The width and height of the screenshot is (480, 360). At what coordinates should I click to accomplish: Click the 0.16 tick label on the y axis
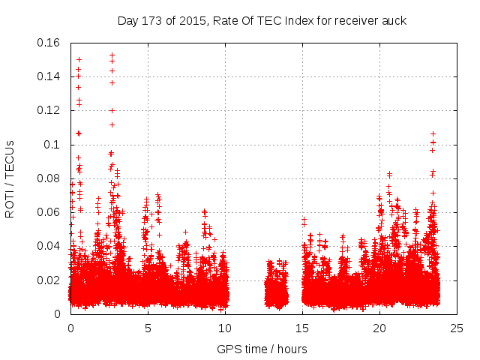(50, 43)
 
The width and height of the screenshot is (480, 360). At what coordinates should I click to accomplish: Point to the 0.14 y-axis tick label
(50, 76)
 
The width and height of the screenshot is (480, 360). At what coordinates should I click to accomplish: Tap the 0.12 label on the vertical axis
(50, 110)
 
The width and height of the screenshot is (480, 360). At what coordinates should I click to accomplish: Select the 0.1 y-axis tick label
(54, 144)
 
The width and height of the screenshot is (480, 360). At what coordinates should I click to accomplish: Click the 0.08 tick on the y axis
(50, 178)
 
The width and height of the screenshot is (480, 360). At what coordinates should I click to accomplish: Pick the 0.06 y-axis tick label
(50, 212)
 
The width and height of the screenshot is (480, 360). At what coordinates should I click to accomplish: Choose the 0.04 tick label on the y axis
(50, 246)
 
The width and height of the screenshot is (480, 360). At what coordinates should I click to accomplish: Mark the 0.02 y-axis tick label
(50, 280)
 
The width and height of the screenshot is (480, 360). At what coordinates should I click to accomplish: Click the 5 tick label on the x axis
(148, 328)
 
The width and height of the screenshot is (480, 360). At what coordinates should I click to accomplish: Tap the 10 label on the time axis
(225, 328)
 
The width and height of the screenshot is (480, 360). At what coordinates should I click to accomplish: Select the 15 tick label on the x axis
(302, 328)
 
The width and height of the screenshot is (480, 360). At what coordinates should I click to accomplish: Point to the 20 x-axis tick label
(379, 328)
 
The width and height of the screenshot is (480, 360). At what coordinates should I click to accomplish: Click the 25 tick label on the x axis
(457, 328)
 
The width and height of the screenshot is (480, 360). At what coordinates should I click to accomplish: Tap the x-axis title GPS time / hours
(262, 349)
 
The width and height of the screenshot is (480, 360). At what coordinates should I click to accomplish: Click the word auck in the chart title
(394, 21)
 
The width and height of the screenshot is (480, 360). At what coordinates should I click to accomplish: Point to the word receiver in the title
(355, 21)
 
